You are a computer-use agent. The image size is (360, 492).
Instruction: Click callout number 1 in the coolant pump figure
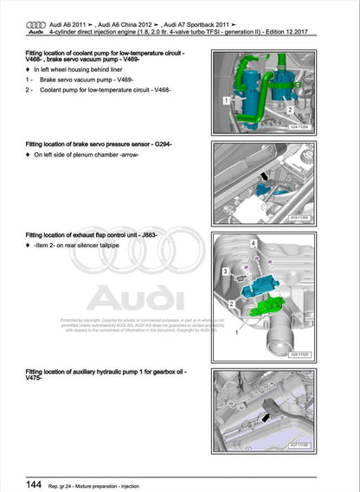pos(227,100)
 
